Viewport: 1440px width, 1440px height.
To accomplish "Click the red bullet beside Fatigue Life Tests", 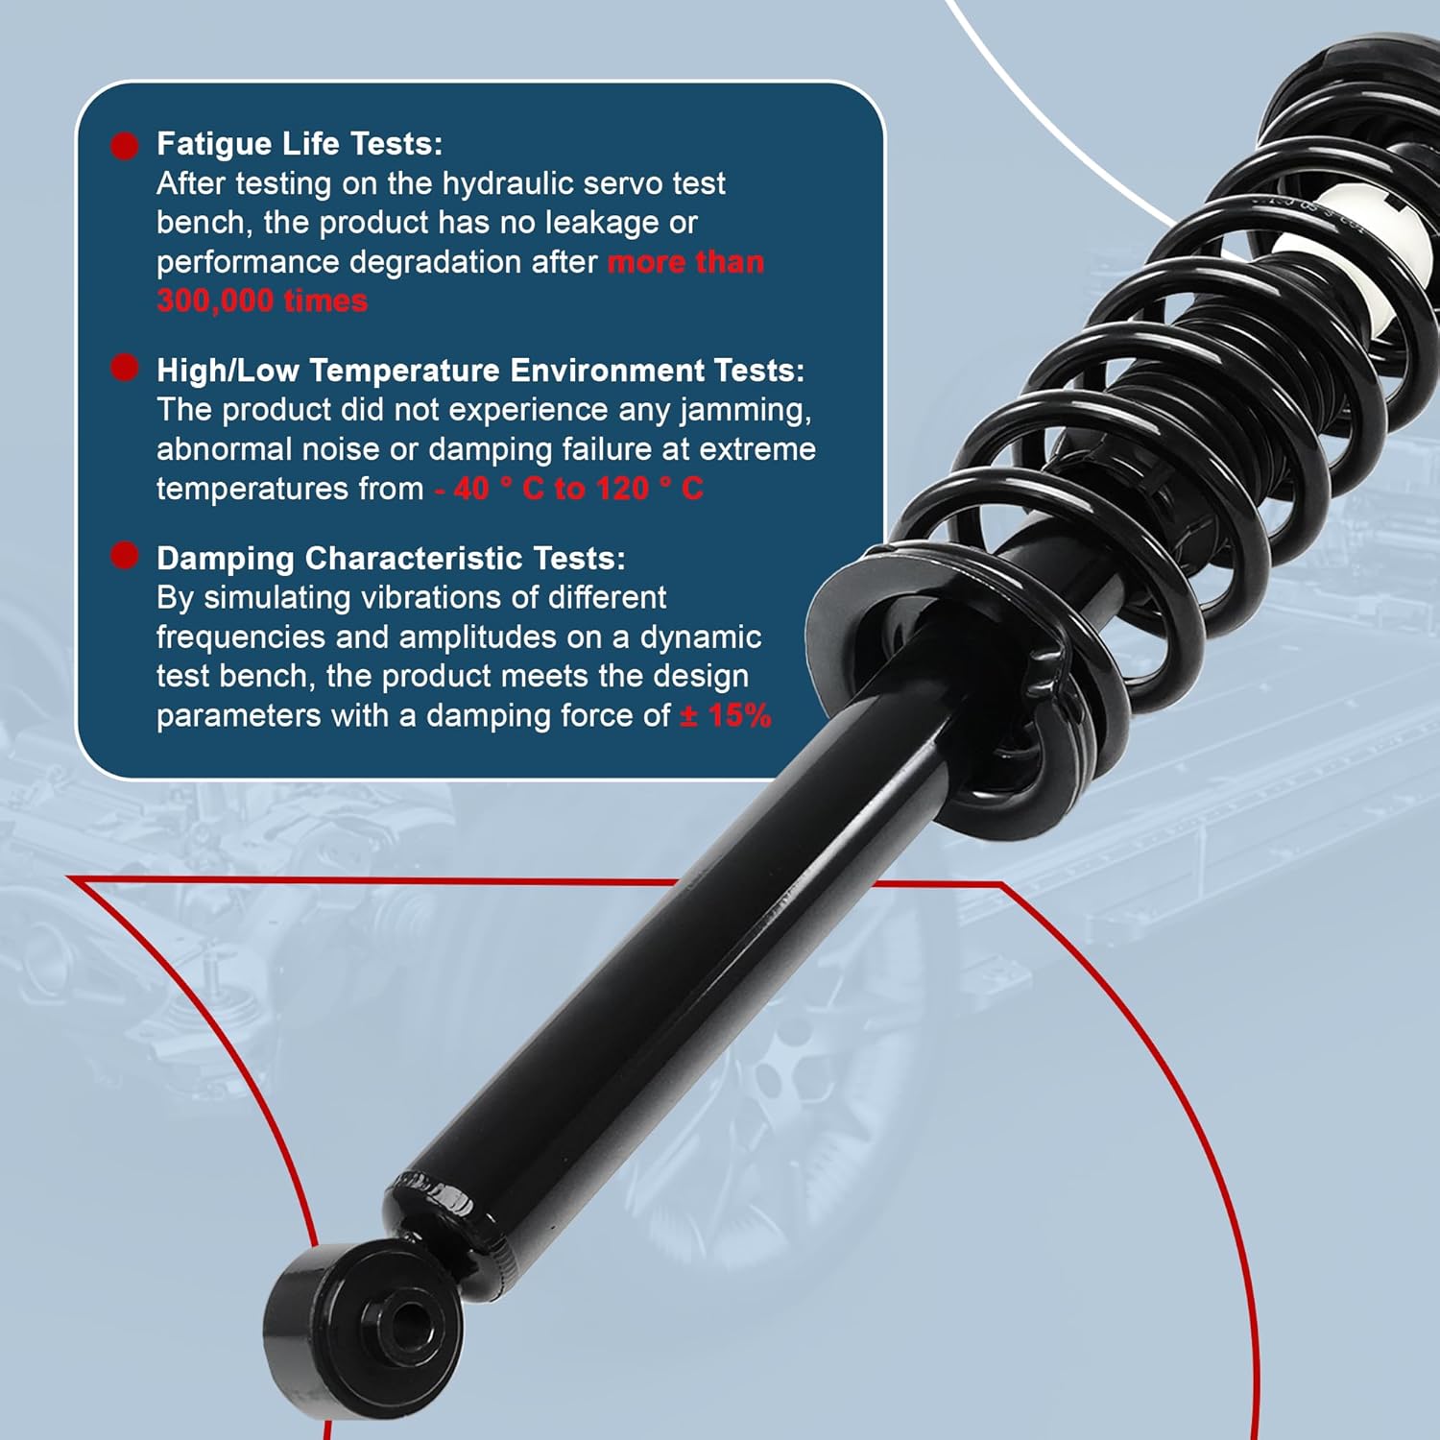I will [x=125, y=146].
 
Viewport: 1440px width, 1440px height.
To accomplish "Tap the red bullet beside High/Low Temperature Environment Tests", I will [x=125, y=368].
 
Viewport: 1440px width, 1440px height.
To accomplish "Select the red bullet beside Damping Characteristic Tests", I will [x=125, y=556].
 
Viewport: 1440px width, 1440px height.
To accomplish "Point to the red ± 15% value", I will [x=726, y=716].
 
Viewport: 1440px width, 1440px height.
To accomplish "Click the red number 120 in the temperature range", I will [x=622, y=490].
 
